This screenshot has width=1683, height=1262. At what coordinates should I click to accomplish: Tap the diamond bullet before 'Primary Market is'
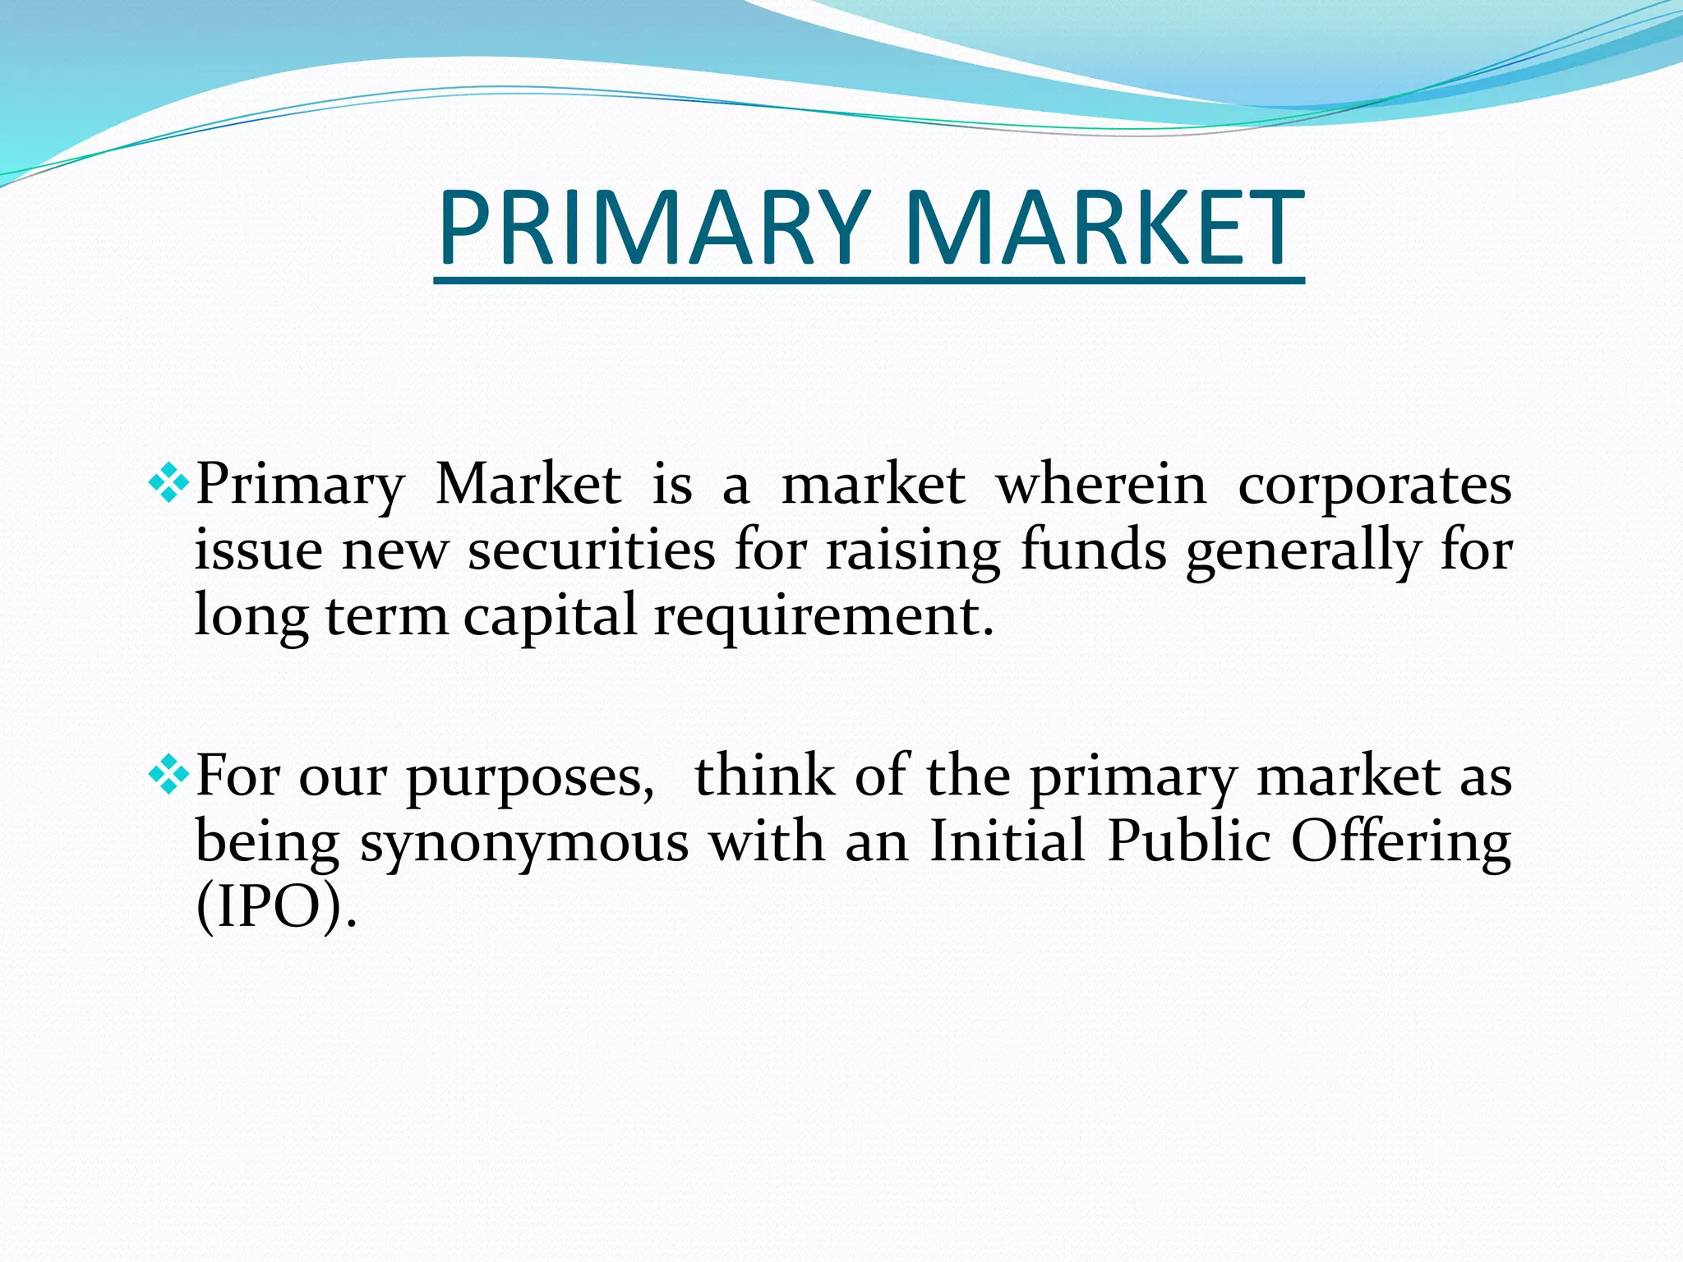(x=169, y=484)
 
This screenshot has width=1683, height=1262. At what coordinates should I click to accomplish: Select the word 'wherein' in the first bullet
(x=1101, y=485)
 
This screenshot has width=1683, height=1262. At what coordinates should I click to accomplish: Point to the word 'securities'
(x=592, y=550)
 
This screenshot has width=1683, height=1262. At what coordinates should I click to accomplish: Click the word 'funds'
(x=1093, y=550)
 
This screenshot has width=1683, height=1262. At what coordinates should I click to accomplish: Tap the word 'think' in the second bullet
(x=764, y=776)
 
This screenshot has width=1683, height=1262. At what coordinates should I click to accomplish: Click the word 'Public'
(x=1189, y=841)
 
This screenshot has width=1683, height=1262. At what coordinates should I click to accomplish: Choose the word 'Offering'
(x=1400, y=843)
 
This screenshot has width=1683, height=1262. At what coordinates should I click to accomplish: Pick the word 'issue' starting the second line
(x=258, y=550)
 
